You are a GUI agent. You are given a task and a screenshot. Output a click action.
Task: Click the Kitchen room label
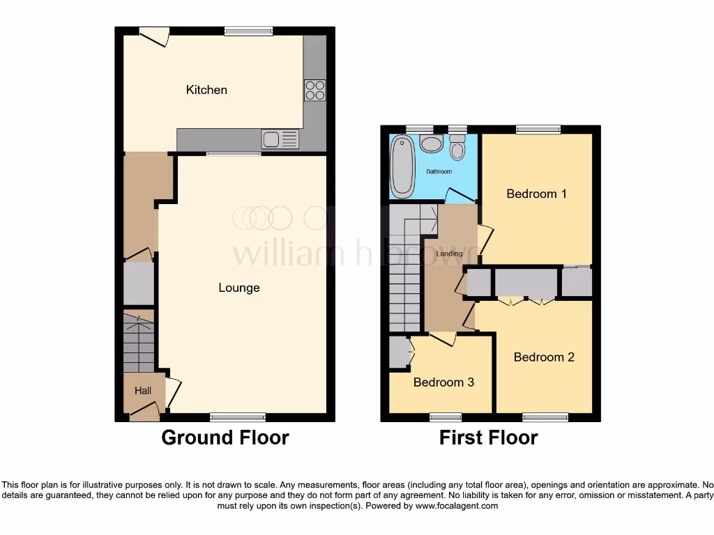206,90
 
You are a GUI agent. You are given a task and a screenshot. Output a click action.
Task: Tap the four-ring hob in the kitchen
314,91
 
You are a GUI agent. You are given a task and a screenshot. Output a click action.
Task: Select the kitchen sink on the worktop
280,139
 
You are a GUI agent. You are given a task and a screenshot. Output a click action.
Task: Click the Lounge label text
239,288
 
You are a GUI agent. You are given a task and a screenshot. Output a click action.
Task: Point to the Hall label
143,391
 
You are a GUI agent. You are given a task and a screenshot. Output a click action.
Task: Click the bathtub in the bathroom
402,166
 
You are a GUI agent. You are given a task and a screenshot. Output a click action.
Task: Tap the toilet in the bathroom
457,147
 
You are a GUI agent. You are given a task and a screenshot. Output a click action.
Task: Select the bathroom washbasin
432,144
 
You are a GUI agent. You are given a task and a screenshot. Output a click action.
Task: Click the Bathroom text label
439,171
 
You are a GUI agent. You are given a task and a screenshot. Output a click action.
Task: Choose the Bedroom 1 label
536,194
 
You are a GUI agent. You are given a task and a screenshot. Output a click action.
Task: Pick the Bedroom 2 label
544,357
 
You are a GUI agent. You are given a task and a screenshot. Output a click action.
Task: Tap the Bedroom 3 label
443,382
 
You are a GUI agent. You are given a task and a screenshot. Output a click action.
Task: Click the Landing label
449,254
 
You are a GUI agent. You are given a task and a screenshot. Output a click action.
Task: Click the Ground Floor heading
225,437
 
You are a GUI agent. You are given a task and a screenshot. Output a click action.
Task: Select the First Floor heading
488,437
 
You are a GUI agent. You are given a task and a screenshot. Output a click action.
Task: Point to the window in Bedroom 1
538,129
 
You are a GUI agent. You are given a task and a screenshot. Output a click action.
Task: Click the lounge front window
238,417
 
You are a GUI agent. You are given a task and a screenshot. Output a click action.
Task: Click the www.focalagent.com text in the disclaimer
456,506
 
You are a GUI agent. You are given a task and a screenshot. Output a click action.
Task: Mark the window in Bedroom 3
446,417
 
